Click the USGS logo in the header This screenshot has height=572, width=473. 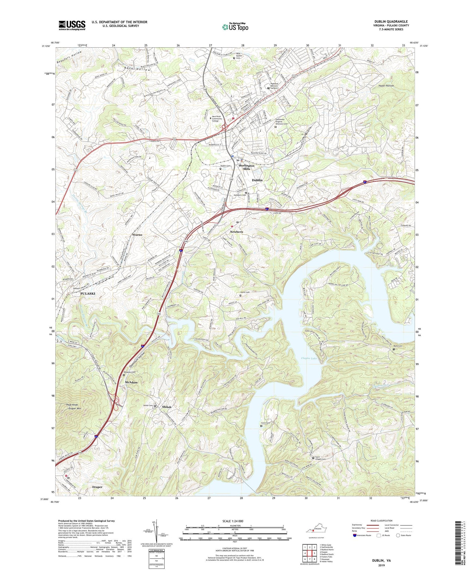pyautogui.click(x=72, y=25)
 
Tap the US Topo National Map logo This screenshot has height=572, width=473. pyautogui.click(x=235, y=27)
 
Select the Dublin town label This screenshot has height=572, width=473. pyautogui.click(x=257, y=180)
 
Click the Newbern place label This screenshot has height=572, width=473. pyautogui.click(x=237, y=232)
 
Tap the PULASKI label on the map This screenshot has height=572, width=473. pyautogui.click(x=88, y=293)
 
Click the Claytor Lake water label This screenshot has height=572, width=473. pyautogui.click(x=309, y=358)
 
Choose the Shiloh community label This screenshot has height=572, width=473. pyautogui.click(x=166, y=407)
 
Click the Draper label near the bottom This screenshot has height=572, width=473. pyautogui.click(x=97, y=487)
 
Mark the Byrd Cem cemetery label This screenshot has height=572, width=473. pyautogui.click(x=398, y=346)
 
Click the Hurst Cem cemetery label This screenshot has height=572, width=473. pyautogui.click(x=245, y=292)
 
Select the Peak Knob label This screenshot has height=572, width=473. pyautogui.click(x=72, y=405)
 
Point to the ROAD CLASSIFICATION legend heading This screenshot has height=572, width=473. pyautogui.click(x=382, y=521)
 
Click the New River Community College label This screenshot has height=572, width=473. pyautogui.click(x=217, y=119)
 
